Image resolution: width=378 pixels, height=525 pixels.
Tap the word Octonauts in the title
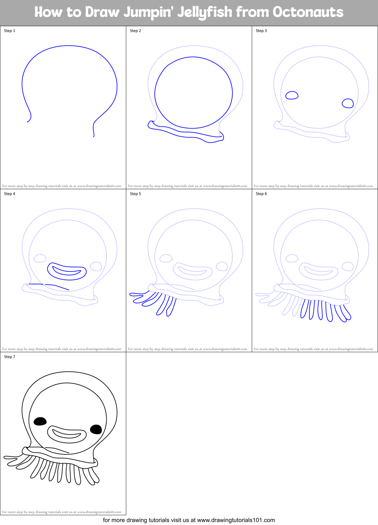point(308,12)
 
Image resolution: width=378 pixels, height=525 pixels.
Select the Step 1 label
point(9,31)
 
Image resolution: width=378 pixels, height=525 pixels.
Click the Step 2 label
point(135,31)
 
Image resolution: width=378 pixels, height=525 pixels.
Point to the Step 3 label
point(261,31)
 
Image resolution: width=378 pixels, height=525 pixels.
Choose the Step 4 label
point(9,194)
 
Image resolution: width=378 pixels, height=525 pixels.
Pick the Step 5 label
point(135,194)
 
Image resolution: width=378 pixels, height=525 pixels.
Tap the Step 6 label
point(261,194)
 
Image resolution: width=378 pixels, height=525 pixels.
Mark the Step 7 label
point(9,357)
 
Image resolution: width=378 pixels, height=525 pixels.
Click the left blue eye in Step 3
point(292,95)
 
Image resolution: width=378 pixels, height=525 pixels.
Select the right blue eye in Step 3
point(348,103)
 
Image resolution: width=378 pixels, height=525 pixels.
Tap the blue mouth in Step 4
point(67,271)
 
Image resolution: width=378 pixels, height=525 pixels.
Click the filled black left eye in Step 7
point(40,421)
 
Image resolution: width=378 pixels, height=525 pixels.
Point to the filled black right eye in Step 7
point(96,429)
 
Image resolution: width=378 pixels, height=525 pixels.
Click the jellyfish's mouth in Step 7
point(67,434)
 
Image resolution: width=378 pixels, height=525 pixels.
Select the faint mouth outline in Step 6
point(319,271)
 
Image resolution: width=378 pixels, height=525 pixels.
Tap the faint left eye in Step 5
point(166,258)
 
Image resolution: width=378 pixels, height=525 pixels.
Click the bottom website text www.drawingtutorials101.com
point(236,520)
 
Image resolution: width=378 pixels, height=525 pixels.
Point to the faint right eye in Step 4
point(96,266)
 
